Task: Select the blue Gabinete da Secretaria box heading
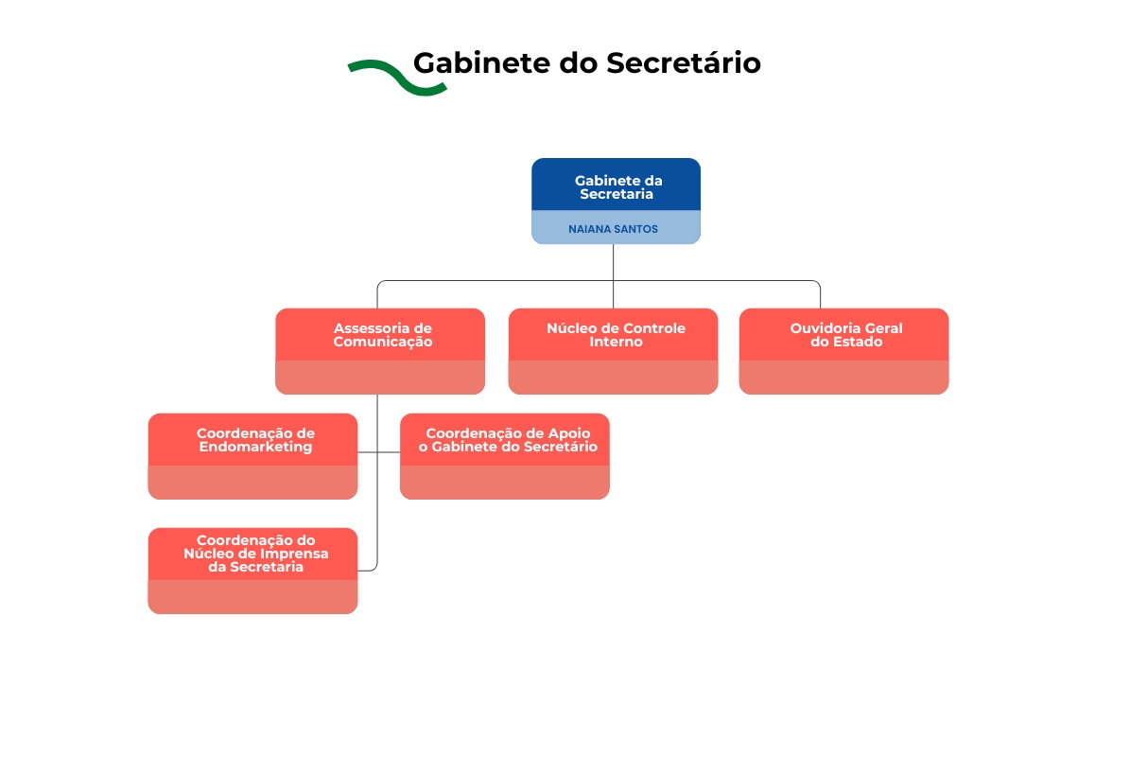(x=617, y=186)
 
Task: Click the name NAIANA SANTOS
(x=614, y=229)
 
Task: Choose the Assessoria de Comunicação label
(x=382, y=335)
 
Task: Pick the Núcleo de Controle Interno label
(x=616, y=335)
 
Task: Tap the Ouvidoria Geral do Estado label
(x=846, y=335)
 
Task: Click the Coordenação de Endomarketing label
(x=255, y=440)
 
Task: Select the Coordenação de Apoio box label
(x=508, y=440)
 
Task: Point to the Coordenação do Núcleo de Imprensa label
(x=255, y=554)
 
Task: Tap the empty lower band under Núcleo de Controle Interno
(x=613, y=377)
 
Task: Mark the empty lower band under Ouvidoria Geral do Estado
(x=843, y=377)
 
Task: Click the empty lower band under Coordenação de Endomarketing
(x=252, y=482)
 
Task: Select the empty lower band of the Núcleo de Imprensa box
(x=252, y=596)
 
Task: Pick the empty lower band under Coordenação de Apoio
(x=504, y=482)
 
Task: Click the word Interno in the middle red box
(x=616, y=342)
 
